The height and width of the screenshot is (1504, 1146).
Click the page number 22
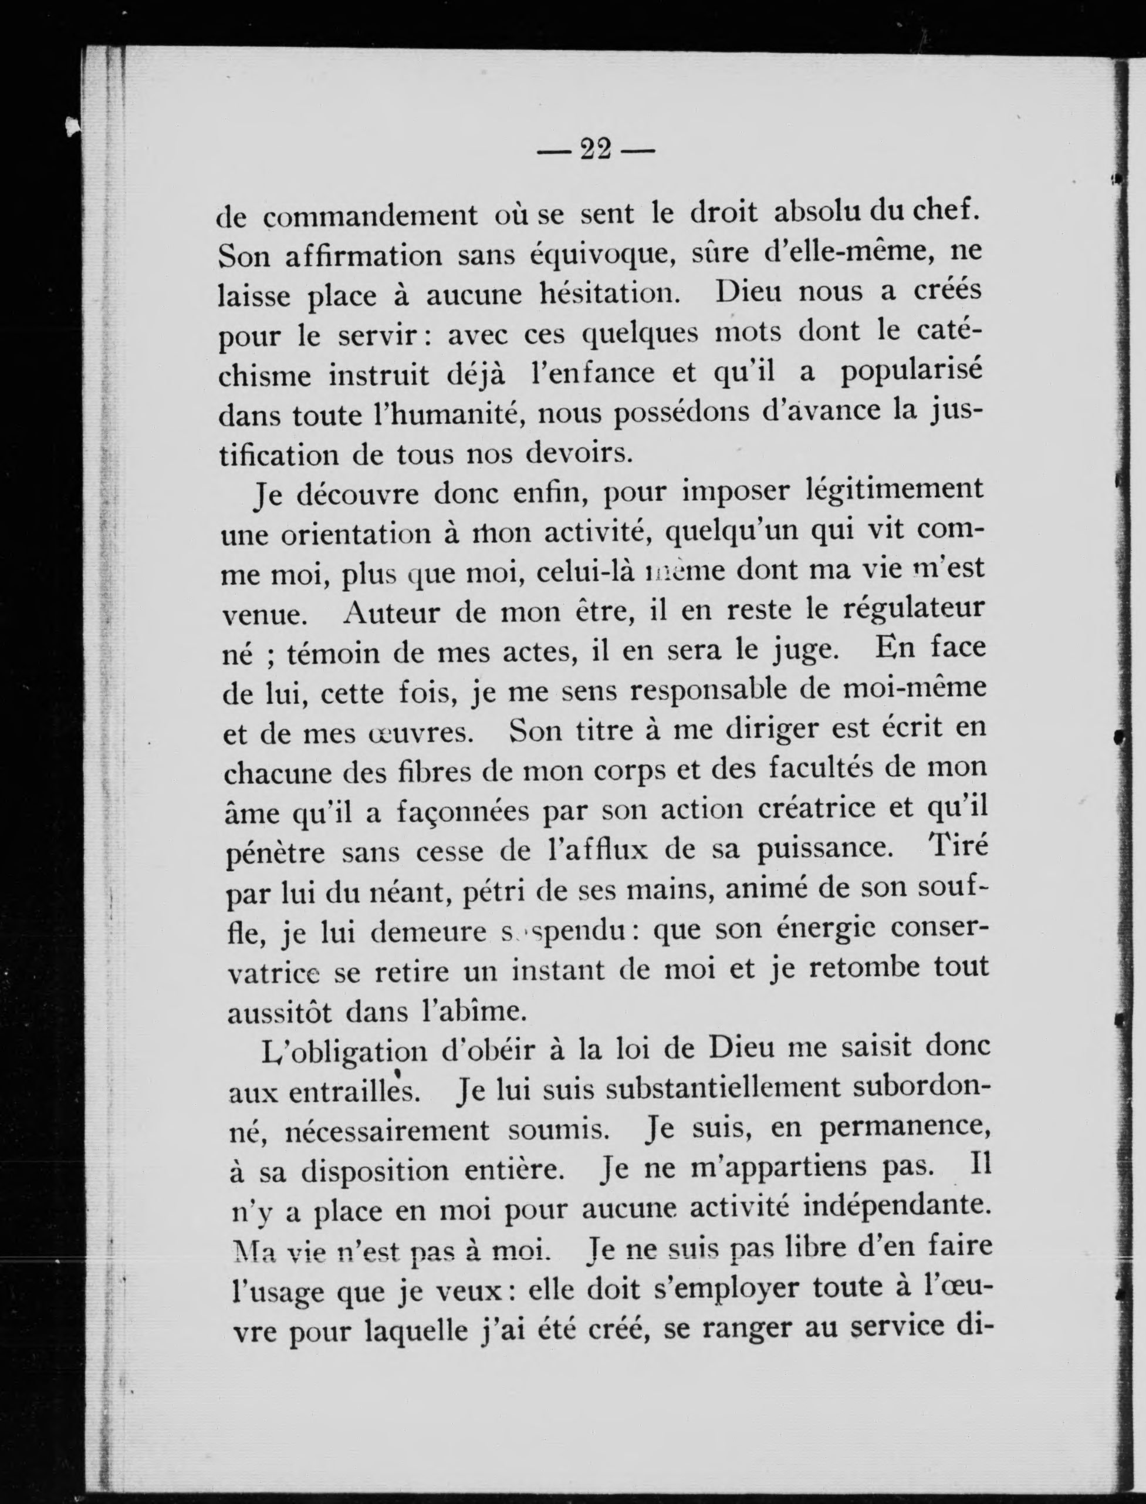pyautogui.click(x=594, y=149)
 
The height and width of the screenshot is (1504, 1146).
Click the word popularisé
pyautogui.click(x=910, y=375)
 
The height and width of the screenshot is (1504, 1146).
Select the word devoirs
pyautogui.click(x=575, y=454)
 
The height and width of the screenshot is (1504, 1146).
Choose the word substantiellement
pyautogui.click(x=725, y=1088)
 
